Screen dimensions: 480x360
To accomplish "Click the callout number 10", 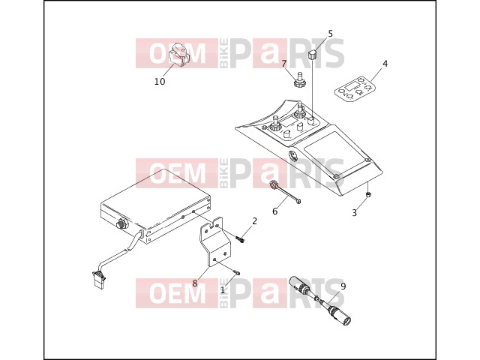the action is pyautogui.click(x=160, y=82).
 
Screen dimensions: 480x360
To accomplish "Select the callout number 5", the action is pyautogui.click(x=330, y=33).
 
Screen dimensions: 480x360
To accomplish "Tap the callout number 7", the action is pyautogui.click(x=284, y=64).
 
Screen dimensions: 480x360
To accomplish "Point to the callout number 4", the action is pyautogui.click(x=385, y=63).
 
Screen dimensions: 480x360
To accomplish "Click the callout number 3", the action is pyautogui.click(x=355, y=212).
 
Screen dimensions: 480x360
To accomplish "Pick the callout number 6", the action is pyautogui.click(x=275, y=211).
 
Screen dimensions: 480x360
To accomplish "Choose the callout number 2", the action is pyautogui.click(x=254, y=221).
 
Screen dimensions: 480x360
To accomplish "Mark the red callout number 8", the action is pyautogui.click(x=195, y=283).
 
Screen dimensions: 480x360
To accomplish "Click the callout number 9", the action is pyautogui.click(x=343, y=286).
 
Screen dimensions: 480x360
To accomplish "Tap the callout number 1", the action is pyautogui.click(x=223, y=289).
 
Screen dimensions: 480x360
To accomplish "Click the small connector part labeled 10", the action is pyautogui.click(x=178, y=54).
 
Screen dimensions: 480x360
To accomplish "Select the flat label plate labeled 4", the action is pyautogui.click(x=355, y=88).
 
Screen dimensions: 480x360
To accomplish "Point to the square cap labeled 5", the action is pyautogui.click(x=312, y=55).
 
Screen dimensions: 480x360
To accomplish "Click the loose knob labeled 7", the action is pyautogui.click(x=298, y=79).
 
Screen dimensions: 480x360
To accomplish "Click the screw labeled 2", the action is pyautogui.click(x=240, y=238).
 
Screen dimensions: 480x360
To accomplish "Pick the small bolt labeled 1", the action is pyautogui.click(x=237, y=271).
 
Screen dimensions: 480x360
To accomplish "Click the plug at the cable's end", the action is pyautogui.click(x=99, y=280).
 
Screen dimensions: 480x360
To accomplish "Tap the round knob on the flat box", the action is pyautogui.click(x=121, y=223).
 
